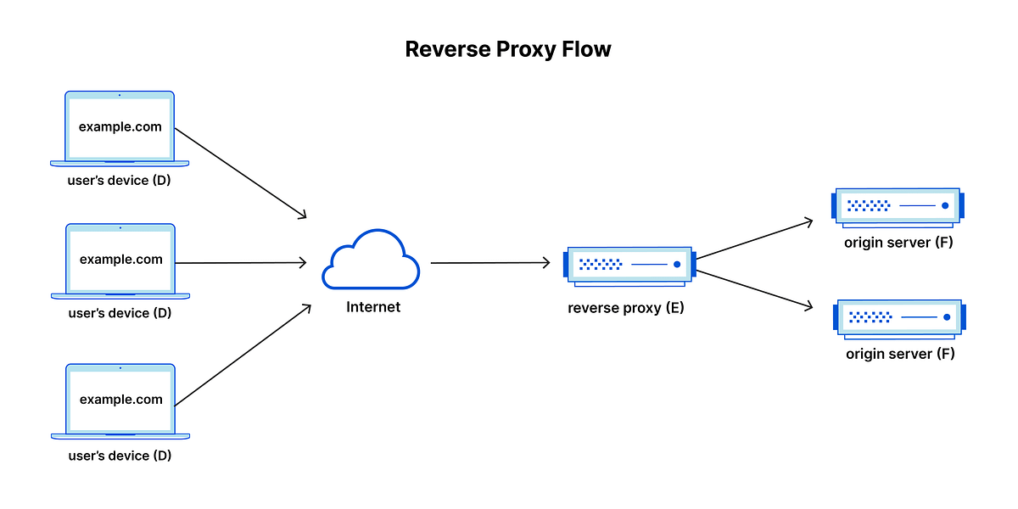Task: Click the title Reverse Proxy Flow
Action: [x=508, y=49]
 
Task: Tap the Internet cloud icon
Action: [x=371, y=260]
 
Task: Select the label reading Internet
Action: [x=373, y=307]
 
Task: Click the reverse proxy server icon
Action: [x=629, y=265]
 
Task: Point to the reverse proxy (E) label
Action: [x=626, y=308]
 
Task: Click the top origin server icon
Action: [x=898, y=205]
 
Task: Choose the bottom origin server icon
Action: [x=899, y=316]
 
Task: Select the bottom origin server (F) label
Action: [x=900, y=354]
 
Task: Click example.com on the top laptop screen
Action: [x=120, y=127]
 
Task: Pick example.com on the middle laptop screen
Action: [x=120, y=260]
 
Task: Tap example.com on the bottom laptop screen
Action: [x=120, y=400]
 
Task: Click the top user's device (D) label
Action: [x=120, y=181]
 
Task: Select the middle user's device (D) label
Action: [x=120, y=313]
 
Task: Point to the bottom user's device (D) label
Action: [x=120, y=456]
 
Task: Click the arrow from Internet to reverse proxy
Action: [x=490, y=263]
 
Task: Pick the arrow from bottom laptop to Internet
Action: [x=243, y=355]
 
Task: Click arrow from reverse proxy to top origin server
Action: [x=753, y=240]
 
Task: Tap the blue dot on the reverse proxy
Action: [x=677, y=265]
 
